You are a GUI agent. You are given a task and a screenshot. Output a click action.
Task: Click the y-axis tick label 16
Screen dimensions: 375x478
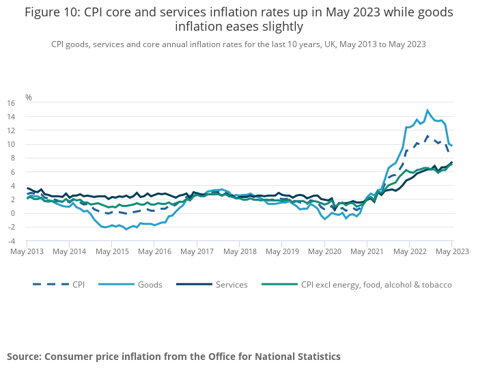pos(11,103)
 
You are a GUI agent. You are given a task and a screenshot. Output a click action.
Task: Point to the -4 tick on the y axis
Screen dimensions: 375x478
pos(11,241)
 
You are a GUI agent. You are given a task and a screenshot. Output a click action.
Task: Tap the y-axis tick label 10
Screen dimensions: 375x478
pos(11,144)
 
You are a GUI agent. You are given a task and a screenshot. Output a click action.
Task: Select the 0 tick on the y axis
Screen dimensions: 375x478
pos(13,213)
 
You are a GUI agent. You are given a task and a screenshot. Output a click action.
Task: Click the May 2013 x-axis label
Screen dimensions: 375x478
pos(27,251)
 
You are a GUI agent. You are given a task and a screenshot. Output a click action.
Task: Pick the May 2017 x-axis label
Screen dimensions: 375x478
pos(197,251)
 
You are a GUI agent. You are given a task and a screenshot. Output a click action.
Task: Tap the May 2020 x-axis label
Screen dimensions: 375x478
pos(324,251)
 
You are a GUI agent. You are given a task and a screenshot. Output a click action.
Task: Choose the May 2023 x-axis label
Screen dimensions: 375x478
pos(451,251)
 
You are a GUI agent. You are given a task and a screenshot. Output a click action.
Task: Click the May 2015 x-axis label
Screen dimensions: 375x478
pos(112,251)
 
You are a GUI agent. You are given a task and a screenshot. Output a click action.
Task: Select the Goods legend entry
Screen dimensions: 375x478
pos(150,285)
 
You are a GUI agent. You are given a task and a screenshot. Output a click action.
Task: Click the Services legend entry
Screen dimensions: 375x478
pos(230,285)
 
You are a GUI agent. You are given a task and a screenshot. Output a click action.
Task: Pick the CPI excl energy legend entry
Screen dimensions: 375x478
pos(376,285)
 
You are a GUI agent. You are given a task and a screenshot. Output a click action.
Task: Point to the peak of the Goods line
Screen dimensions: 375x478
pos(427,110)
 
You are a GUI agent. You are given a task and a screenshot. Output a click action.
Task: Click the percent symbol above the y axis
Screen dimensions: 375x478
pos(29,98)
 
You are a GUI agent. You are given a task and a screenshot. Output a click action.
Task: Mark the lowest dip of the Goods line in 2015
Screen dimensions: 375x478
pos(126,229)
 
